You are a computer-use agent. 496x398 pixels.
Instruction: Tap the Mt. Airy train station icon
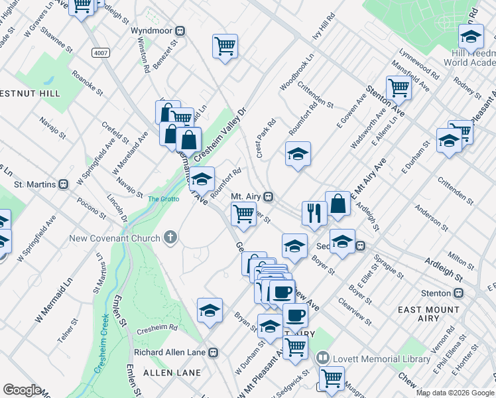[269, 197]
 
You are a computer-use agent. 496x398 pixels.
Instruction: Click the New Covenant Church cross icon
[170, 238]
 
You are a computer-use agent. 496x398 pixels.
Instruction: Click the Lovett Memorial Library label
[381, 359]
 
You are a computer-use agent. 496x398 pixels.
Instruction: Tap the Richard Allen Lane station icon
[214, 352]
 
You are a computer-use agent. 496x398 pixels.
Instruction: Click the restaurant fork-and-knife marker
[314, 212]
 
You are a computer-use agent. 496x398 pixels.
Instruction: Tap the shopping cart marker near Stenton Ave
[399, 88]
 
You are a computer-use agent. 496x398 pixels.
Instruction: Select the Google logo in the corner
[22, 390]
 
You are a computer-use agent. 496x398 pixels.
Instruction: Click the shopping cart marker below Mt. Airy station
[243, 214]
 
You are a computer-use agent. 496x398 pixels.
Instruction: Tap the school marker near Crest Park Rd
[298, 155]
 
